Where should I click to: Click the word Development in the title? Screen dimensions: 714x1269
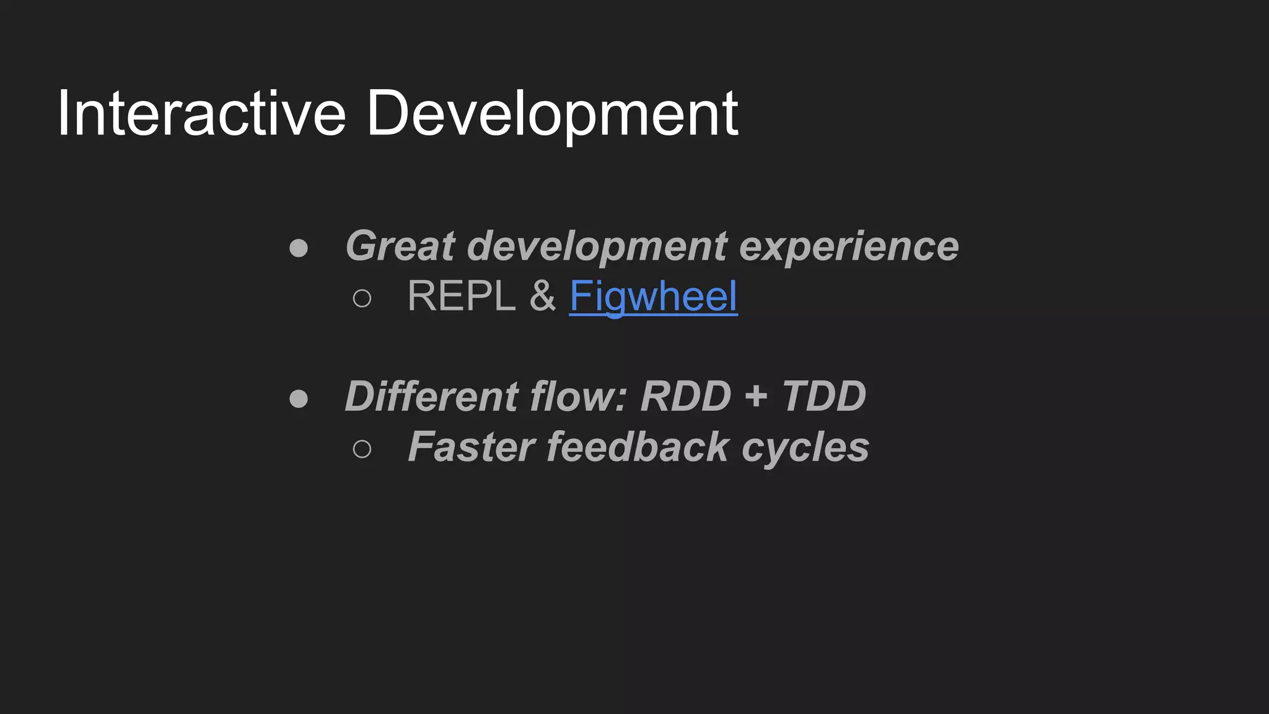coord(551,115)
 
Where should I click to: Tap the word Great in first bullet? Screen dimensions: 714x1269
coord(400,246)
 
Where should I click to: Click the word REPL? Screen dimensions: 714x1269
coord(461,296)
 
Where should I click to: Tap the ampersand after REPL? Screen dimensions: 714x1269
coord(542,296)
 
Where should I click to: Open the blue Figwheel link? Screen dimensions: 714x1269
coord(653,296)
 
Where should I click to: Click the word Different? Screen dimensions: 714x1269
coord(431,396)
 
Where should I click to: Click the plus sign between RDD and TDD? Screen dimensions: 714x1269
coord(756,396)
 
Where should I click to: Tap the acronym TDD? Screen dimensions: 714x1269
coord(823,396)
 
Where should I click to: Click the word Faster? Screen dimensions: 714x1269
coord(472,447)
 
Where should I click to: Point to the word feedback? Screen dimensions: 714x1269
coord(638,447)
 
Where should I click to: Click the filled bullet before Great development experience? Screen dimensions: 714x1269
coord(299,249)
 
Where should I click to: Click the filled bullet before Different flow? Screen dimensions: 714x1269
coord(299,399)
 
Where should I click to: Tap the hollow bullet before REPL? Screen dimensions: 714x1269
coord(362,299)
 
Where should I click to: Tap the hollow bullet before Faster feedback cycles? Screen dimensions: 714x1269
coord(362,449)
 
